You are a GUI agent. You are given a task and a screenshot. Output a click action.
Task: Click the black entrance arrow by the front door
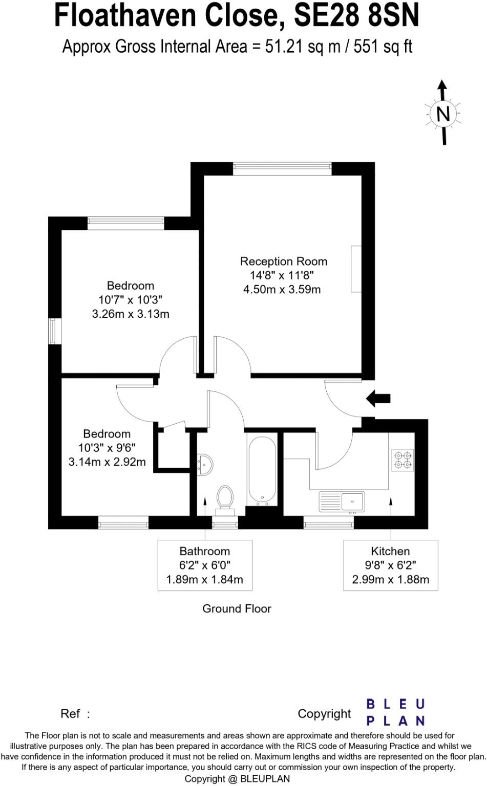coord(379,398)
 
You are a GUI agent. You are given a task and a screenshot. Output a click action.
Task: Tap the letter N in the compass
coord(443,114)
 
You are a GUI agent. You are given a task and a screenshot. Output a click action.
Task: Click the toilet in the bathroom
coord(225,499)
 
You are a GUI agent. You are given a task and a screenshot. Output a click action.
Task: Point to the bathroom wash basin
coord(205,464)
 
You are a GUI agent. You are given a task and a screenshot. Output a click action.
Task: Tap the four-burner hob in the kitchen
coord(403,460)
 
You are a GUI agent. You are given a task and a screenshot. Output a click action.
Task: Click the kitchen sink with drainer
coord(342,501)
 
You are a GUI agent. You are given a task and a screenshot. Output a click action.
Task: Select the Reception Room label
coord(283,261)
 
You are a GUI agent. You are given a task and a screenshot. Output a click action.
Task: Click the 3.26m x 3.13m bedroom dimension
coord(131,314)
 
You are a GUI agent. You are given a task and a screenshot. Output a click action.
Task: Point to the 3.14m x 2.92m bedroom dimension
coord(107,462)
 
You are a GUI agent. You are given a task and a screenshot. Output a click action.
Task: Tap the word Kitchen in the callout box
coord(390,551)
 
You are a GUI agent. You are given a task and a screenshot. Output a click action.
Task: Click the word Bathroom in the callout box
coord(204,551)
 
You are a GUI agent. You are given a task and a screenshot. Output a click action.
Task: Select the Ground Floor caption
coord(237,608)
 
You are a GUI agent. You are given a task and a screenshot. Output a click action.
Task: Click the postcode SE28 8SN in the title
coord(356,16)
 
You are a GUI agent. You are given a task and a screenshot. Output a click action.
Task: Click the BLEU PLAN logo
coord(395,712)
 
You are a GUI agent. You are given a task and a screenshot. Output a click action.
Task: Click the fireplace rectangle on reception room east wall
coord(356,269)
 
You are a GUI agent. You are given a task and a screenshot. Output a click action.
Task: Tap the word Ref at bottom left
coord(70,713)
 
